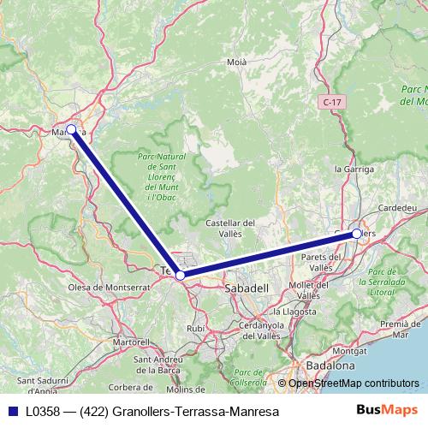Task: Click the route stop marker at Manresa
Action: [x=71, y=130]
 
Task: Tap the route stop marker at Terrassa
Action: [x=180, y=275]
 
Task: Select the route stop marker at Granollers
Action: [x=356, y=233]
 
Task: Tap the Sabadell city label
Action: [x=247, y=288]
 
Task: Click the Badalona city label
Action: [x=331, y=365]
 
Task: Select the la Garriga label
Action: [x=354, y=169]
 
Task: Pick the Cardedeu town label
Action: [x=398, y=208]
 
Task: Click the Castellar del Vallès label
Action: [x=232, y=228]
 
